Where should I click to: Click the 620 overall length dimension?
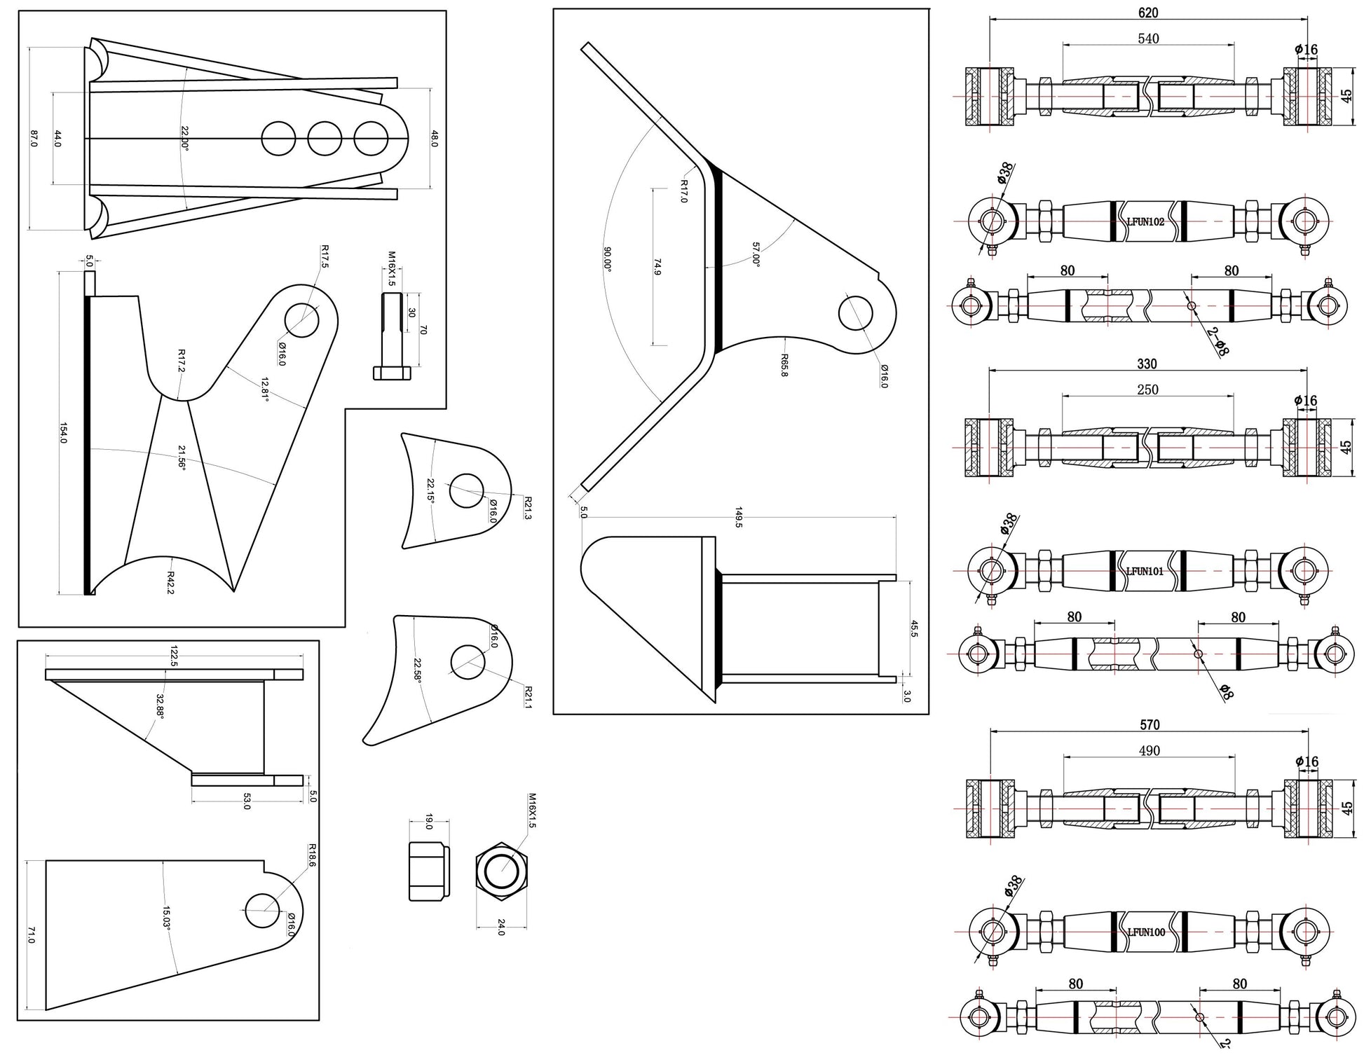[1148, 13]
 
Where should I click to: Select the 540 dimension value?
[1148, 39]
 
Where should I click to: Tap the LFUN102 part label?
[1145, 221]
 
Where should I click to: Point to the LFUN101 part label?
[1145, 571]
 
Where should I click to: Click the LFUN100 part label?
[1146, 932]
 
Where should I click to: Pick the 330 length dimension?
[1147, 364]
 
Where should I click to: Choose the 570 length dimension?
[1150, 724]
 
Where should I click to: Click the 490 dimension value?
[1150, 750]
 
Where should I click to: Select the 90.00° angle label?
[608, 258]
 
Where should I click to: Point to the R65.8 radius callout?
[784, 365]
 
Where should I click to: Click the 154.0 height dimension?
[62, 434]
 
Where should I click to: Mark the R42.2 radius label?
[170, 582]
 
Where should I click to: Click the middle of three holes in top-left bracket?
[325, 139]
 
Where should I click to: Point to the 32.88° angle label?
[160, 706]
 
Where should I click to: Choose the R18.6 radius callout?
[312, 855]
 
